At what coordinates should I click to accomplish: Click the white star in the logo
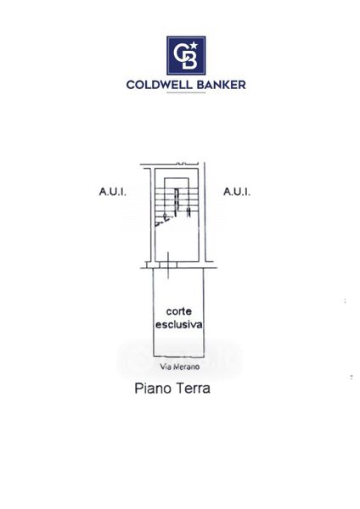point(194,46)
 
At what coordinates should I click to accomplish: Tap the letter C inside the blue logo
point(181,53)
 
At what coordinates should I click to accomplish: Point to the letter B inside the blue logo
point(189,59)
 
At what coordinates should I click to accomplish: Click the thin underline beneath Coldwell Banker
point(186,92)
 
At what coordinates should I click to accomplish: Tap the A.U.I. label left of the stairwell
point(112,192)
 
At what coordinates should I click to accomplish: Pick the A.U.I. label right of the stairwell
point(237,192)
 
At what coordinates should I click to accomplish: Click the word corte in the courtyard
point(178,311)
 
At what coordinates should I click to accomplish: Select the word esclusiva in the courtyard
point(178,324)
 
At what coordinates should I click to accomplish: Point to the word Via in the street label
point(166,366)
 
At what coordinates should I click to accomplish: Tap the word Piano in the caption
point(151,389)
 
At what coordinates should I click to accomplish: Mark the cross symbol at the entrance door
point(168,266)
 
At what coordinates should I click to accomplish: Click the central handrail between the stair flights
point(177,202)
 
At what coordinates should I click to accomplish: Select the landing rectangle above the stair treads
point(177,183)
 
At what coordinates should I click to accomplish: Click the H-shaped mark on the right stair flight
point(188,212)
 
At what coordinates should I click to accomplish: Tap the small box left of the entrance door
point(150,265)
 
